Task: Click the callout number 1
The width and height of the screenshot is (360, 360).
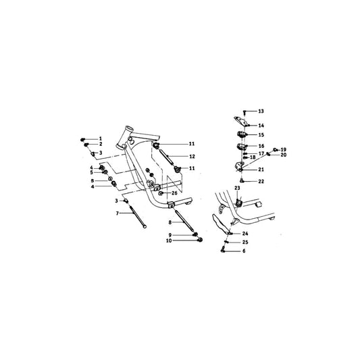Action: coord(101,138)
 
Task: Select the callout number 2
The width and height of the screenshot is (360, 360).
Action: coord(101,144)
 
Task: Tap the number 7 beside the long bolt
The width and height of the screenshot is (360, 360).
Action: coord(117,213)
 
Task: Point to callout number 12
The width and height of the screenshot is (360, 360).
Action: coord(192,156)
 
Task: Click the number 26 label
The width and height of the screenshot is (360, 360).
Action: coord(174,193)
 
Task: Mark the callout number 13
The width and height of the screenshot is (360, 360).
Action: coord(261,111)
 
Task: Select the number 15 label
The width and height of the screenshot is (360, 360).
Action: coord(261,135)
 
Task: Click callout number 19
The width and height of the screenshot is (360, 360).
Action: coord(284,149)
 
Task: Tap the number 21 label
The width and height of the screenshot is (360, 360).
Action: coord(261,169)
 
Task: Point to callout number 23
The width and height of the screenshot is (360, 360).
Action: coord(237,188)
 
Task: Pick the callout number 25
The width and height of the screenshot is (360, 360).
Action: coord(245,242)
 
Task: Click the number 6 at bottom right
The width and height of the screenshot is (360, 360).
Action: coord(245,251)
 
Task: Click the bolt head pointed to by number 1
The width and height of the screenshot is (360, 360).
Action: coord(84,138)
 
